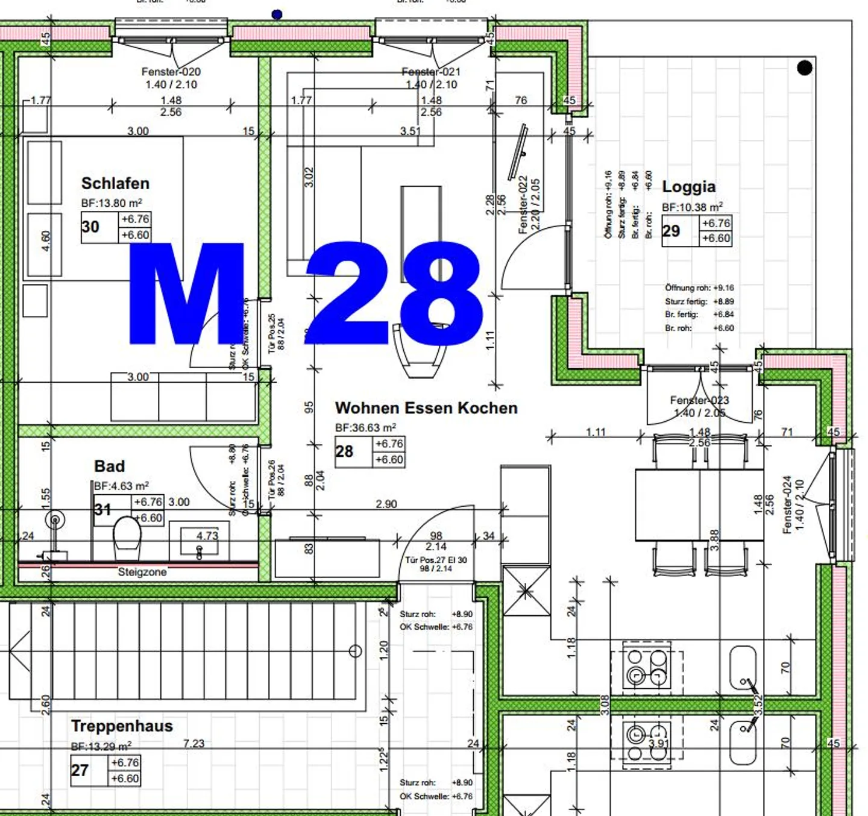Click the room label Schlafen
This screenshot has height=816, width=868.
point(115,183)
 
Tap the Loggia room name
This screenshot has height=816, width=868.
point(688,187)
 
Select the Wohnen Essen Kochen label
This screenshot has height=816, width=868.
point(426,408)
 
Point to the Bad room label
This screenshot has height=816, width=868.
point(110,466)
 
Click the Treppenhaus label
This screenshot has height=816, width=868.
point(122,726)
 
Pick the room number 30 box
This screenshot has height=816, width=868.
point(90,227)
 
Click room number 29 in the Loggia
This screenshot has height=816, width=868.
point(671,231)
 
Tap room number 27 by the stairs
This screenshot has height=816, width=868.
point(80,770)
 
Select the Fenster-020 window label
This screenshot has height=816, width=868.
point(171,72)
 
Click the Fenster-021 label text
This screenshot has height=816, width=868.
point(431,72)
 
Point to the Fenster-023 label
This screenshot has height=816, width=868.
point(699,400)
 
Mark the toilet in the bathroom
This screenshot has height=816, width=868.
point(127,533)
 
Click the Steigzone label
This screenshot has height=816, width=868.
point(142,572)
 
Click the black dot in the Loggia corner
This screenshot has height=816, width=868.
point(804,68)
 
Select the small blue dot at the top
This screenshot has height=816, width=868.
point(277,14)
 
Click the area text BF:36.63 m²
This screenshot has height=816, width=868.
point(365,428)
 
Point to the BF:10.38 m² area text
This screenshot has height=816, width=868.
point(692,207)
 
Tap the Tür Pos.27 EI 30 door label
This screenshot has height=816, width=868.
point(436,560)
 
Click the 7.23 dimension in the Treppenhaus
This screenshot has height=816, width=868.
point(193,744)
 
